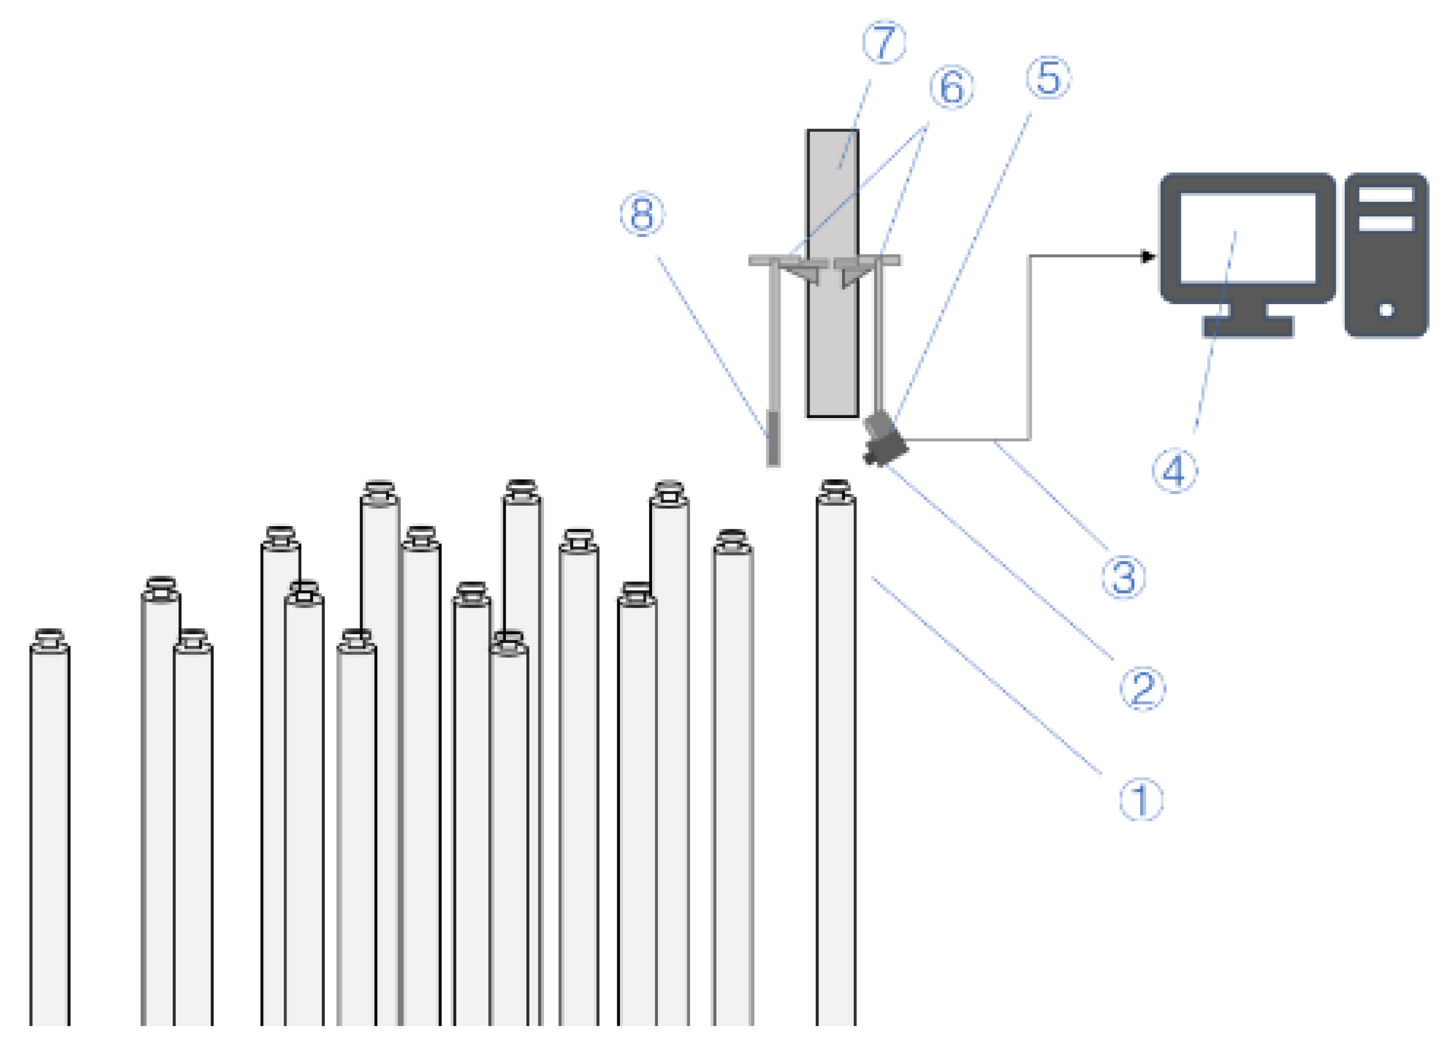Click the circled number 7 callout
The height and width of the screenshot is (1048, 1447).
884,42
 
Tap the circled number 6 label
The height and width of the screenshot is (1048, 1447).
951,87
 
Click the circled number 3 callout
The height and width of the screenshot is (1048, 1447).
1124,578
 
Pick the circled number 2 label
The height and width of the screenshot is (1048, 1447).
1142,689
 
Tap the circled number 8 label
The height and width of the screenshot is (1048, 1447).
642,213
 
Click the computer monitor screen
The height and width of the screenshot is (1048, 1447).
1247,237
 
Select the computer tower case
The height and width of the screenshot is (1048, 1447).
1386,255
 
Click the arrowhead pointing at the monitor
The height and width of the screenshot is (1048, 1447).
1148,257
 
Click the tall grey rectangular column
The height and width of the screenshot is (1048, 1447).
832,274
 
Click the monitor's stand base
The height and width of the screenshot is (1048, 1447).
1247,327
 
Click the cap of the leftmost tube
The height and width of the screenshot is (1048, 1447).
49,638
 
